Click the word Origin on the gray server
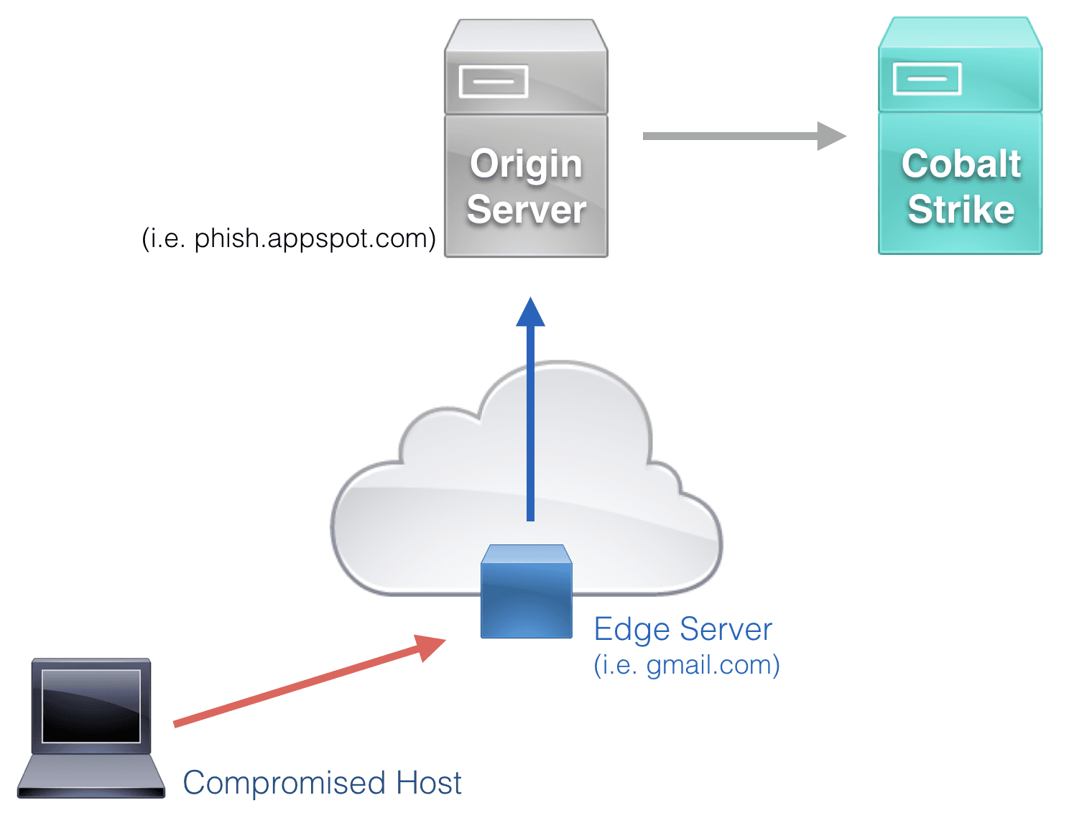pos(526,164)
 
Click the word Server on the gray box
pos(526,210)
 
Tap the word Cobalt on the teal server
pos(961,164)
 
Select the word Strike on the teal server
pos(961,210)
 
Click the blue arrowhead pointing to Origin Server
pos(530,313)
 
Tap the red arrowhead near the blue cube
pos(430,646)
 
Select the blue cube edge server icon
pos(527,593)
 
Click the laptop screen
pos(91,706)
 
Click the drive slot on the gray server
pos(494,81)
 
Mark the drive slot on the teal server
pos(927,79)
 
